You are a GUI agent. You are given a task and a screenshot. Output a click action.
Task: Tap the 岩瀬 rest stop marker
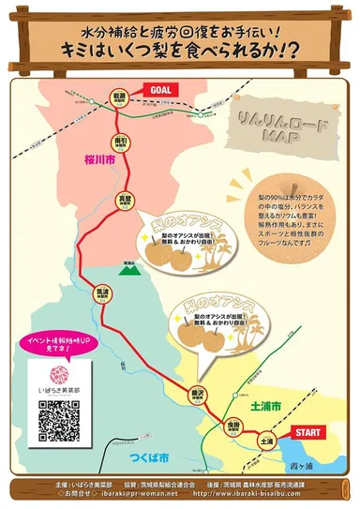click(x=119, y=99)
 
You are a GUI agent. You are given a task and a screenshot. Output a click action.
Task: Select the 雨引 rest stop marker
click(x=119, y=142)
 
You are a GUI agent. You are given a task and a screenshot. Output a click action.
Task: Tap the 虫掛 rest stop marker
click(x=233, y=427)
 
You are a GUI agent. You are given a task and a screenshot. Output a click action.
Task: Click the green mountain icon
click(x=128, y=268)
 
